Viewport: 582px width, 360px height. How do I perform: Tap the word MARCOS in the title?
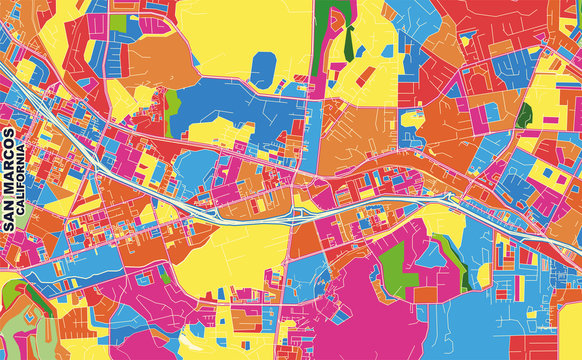(9, 166)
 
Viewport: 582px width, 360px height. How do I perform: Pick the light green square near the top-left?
(119, 22)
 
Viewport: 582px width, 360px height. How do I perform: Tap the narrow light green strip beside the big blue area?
(172, 103)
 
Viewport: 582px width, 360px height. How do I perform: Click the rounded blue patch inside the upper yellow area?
(263, 70)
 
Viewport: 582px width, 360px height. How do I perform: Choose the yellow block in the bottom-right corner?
(571, 330)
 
